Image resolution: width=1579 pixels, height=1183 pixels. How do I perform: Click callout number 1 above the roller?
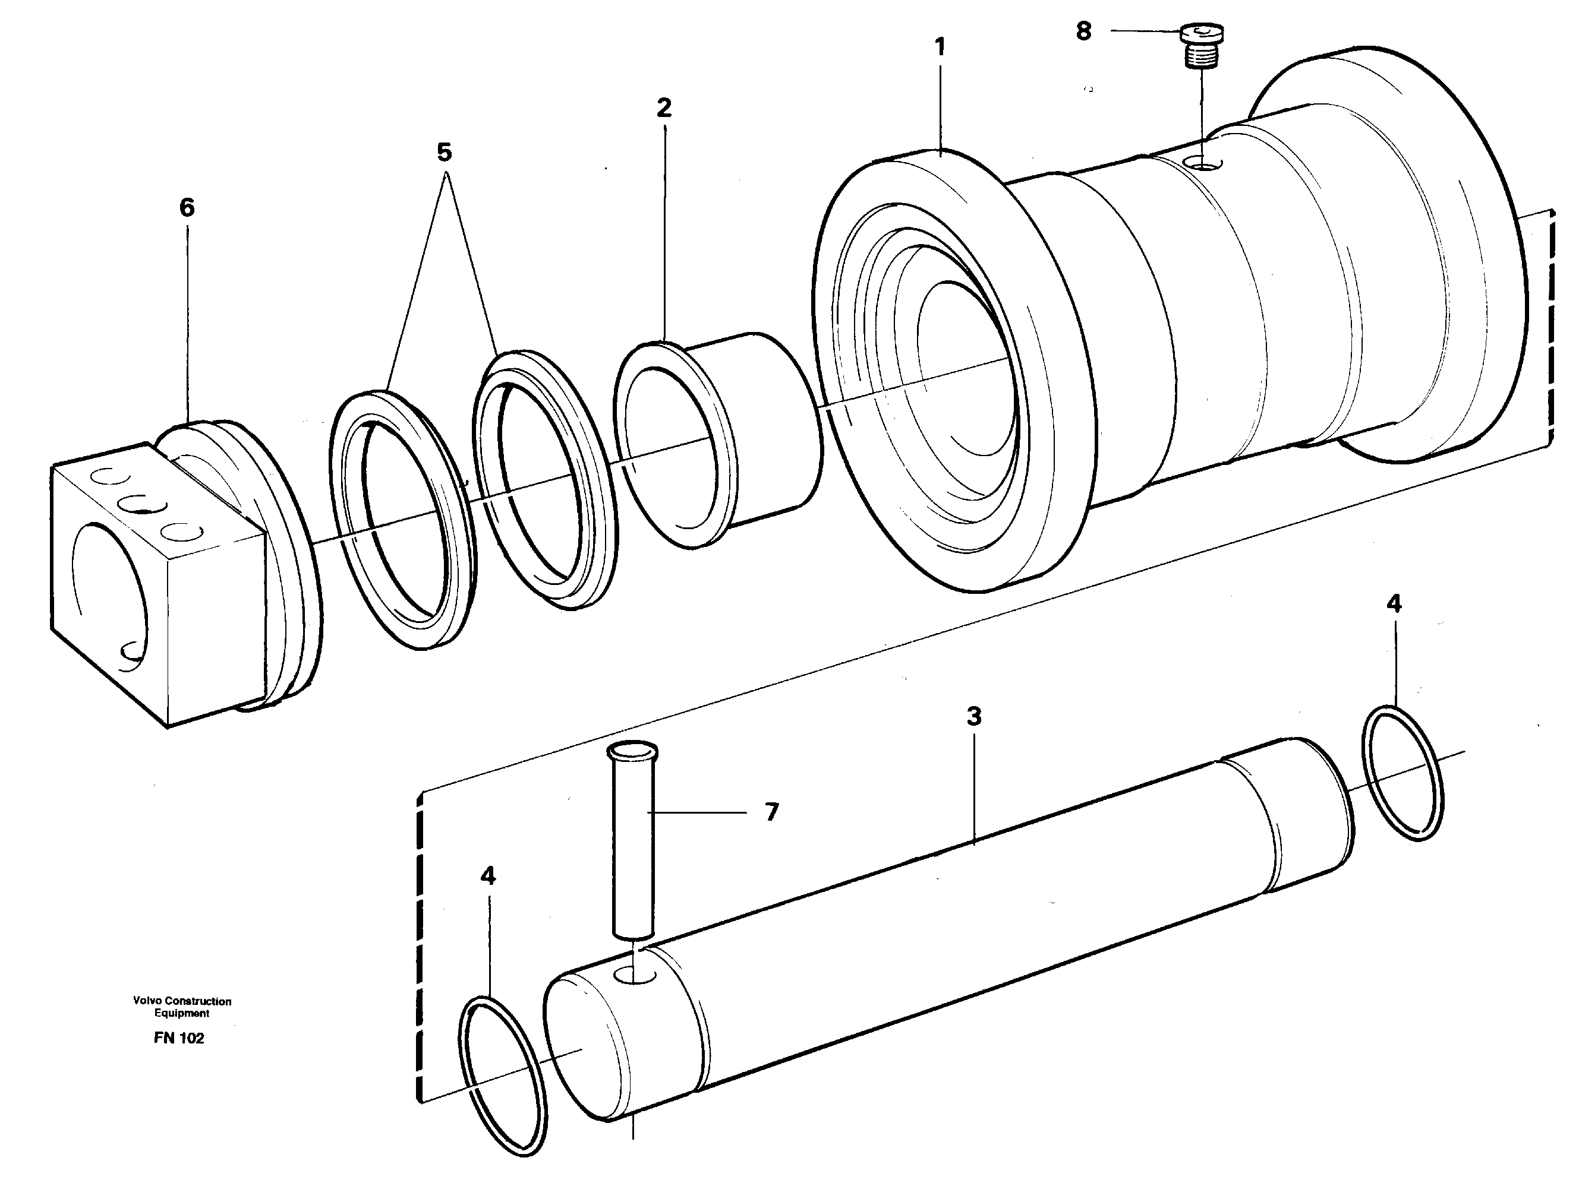[x=940, y=48]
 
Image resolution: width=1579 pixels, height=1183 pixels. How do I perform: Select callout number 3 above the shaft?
[x=973, y=716]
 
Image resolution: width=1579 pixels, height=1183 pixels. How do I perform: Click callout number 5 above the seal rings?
[x=444, y=153]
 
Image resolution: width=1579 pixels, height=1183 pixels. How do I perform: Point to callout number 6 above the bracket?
[x=187, y=208]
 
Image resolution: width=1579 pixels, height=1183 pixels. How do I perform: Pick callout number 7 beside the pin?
[x=771, y=812]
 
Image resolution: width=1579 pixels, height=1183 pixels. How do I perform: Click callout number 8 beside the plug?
[x=1083, y=32]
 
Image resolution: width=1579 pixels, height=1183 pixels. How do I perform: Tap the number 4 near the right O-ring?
[x=1394, y=605]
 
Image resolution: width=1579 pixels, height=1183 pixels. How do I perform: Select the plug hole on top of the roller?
[x=1203, y=165]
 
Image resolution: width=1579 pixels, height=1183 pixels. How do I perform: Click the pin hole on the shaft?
[x=635, y=975]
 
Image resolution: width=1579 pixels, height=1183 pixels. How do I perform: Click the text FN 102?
[x=178, y=1039]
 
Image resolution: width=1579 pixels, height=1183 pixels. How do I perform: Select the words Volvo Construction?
[x=182, y=1001]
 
